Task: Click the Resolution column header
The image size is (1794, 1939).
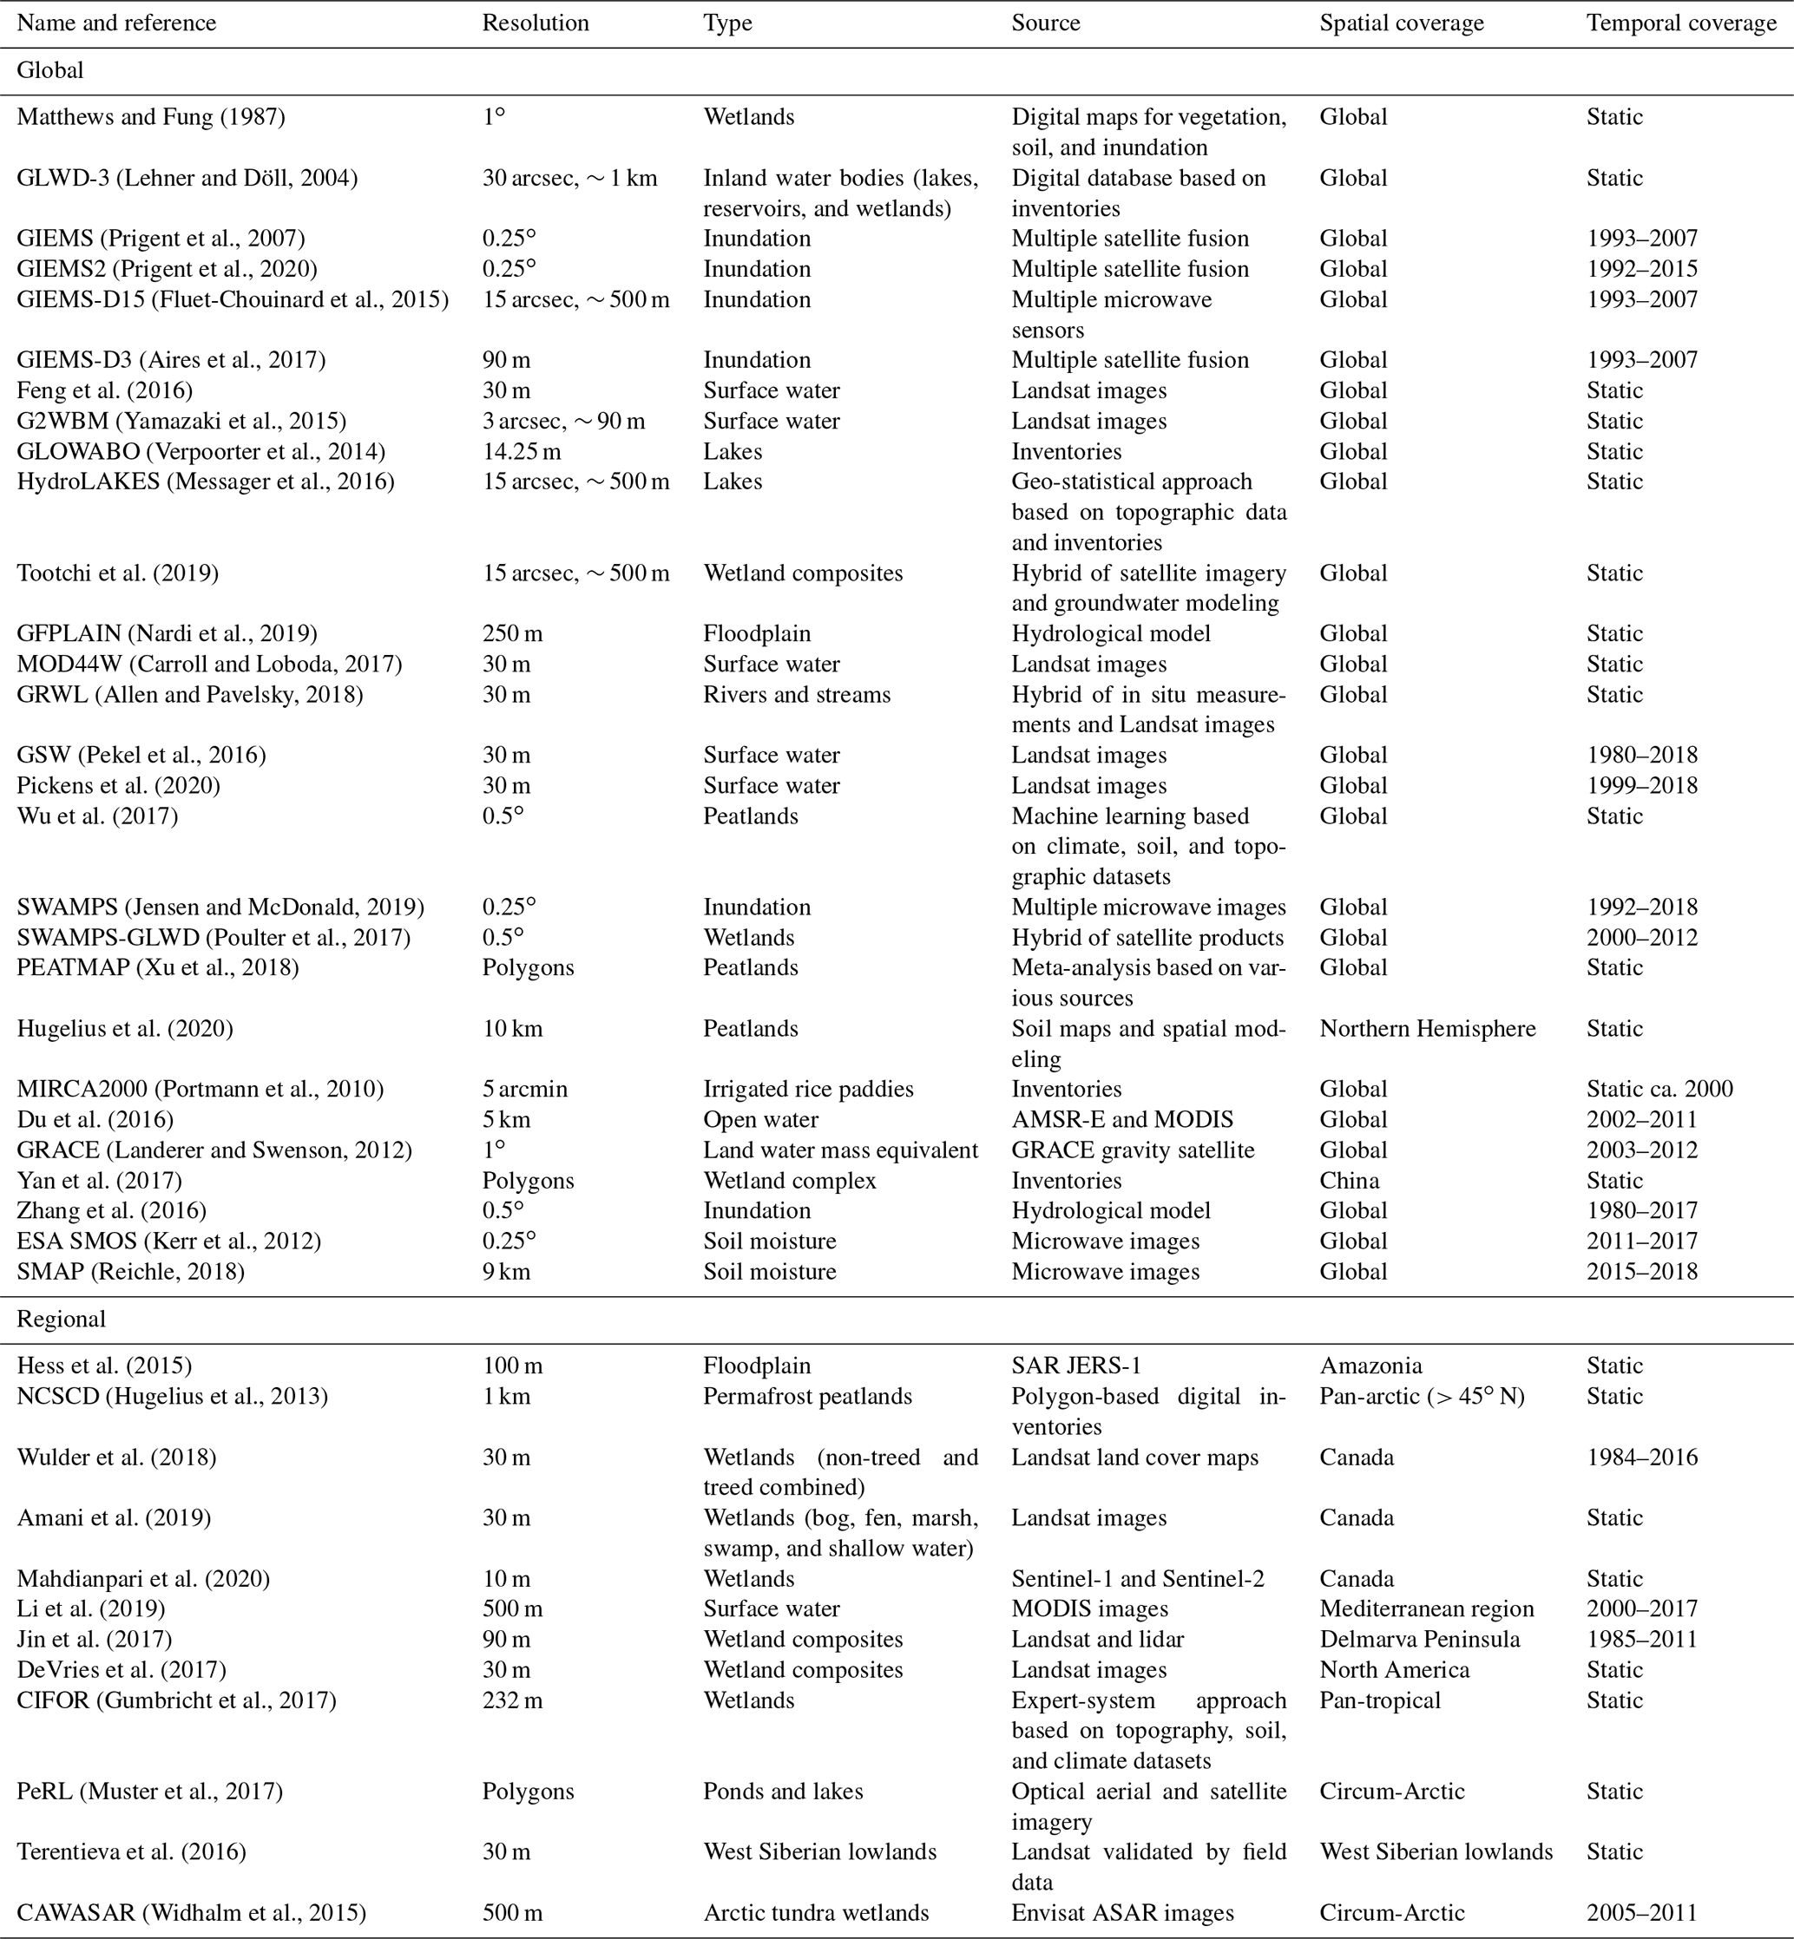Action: (535, 23)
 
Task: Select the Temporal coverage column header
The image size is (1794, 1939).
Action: (1680, 23)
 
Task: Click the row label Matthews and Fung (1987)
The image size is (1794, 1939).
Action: (150, 117)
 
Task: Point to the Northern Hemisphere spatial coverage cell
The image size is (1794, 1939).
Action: (1427, 1028)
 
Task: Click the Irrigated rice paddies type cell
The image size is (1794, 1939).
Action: (808, 1089)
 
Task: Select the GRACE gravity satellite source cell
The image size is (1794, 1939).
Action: (1132, 1150)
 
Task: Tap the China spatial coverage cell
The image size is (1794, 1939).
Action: (1349, 1180)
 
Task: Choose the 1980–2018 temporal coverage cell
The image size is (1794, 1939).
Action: (1641, 755)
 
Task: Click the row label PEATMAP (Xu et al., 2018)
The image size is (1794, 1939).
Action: (157, 967)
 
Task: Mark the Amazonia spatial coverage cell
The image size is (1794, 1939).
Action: (1370, 1366)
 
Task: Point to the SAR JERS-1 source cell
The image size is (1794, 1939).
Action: (1075, 1366)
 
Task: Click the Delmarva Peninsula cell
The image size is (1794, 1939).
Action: (1419, 1639)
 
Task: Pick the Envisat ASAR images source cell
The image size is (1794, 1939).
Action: (1122, 1913)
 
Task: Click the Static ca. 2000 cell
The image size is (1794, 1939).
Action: (1659, 1089)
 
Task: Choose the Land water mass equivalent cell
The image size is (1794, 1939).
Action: (840, 1150)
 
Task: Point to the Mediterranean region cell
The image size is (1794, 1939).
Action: (1426, 1609)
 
